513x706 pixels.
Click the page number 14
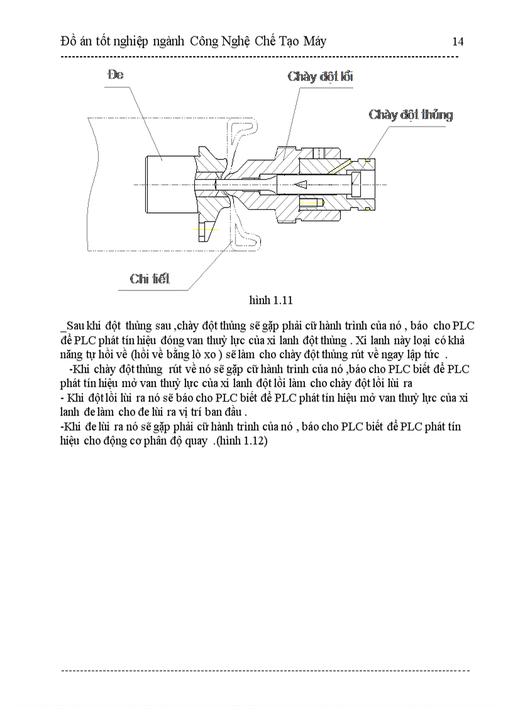(x=458, y=41)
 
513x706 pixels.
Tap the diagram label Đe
(x=116, y=74)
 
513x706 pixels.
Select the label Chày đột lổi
(x=320, y=77)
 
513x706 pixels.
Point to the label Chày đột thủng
(x=410, y=114)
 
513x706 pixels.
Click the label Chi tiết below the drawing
(x=150, y=279)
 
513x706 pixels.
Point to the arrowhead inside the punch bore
(x=301, y=184)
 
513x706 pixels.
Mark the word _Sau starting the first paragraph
(x=73, y=326)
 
